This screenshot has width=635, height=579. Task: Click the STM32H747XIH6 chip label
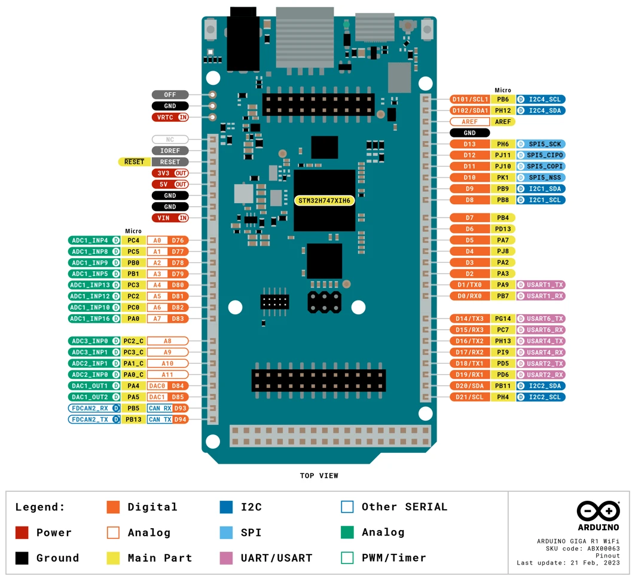pyautogui.click(x=325, y=201)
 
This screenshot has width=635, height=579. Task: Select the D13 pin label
pyautogui.click(x=470, y=144)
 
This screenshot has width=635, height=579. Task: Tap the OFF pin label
pyautogui.click(x=170, y=94)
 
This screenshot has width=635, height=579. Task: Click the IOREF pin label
pyautogui.click(x=170, y=151)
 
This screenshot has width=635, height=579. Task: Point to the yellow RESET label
pyautogui.click(x=135, y=162)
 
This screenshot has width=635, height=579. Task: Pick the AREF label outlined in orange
pyautogui.click(x=470, y=122)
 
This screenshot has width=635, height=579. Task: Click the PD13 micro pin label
pyautogui.click(x=503, y=229)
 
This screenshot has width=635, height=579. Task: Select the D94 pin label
pyautogui.click(x=180, y=419)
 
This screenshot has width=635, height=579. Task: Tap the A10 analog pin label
pyautogui.click(x=167, y=364)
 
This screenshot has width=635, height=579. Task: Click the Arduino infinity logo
pyautogui.click(x=599, y=511)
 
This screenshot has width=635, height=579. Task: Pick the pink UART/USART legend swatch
pyautogui.click(x=226, y=558)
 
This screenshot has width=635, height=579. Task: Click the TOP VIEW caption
pyautogui.click(x=319, y=476)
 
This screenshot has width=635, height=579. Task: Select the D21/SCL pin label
pyautogui.click(x=470, y=397)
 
